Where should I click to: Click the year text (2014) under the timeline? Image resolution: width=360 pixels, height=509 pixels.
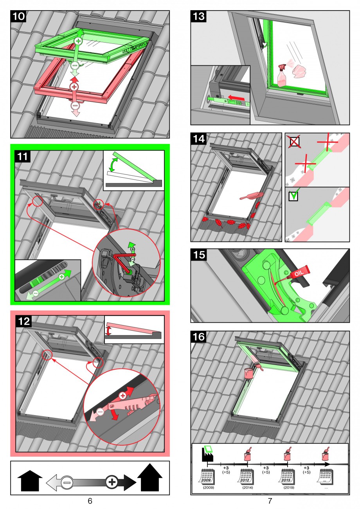coord(248,488)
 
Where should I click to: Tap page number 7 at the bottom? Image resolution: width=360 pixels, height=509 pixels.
coord(270,501)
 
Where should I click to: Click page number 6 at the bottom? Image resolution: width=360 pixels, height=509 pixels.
coord(90,501)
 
